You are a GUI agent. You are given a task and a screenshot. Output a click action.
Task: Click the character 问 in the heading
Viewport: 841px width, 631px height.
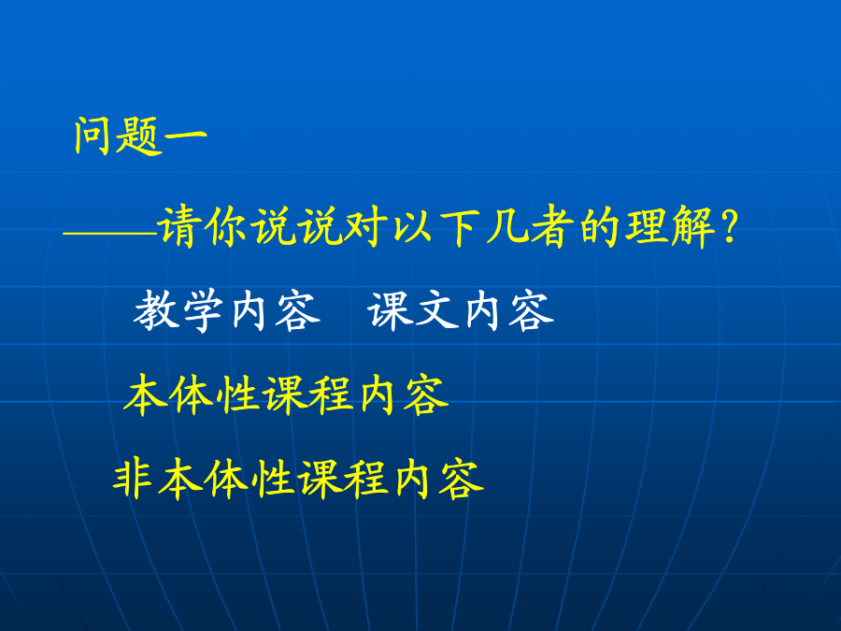tap(93, 136)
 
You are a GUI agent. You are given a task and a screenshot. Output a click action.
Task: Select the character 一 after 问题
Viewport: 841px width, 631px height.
tap(186, 136)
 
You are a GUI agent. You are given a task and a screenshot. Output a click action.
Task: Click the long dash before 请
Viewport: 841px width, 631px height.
tap(110, 234)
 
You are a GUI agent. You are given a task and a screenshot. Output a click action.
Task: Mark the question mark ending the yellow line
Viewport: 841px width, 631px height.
tap(730, 227)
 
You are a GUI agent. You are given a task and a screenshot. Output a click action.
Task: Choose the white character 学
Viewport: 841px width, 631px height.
tap(203, 311)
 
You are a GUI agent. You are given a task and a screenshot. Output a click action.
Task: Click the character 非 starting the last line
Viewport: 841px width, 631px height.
tap(134, 479)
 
